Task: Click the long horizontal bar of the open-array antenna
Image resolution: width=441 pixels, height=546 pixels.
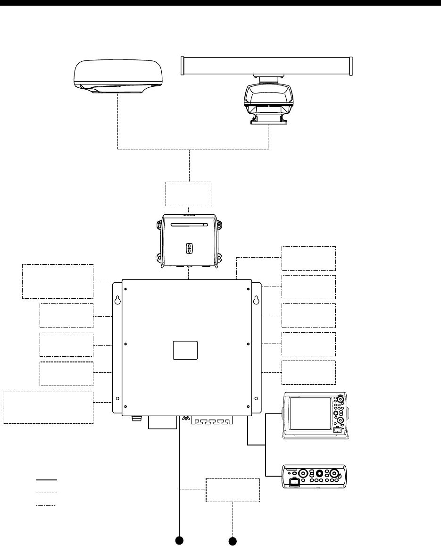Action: point(267,65)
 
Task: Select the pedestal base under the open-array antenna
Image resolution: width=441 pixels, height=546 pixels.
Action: point(268,120)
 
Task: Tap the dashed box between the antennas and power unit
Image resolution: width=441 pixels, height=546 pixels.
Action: point(188,193)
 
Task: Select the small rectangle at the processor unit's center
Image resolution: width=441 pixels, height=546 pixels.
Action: point(185,350)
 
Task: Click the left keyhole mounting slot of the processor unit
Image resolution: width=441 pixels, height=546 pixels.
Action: point(116,300)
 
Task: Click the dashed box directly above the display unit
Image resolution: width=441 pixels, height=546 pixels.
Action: point(308,372)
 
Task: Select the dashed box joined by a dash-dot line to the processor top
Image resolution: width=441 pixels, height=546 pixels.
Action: point(308,258)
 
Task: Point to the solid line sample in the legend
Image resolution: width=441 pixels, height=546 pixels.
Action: point(47,479)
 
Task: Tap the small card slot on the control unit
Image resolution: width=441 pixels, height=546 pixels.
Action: point(293,483)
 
